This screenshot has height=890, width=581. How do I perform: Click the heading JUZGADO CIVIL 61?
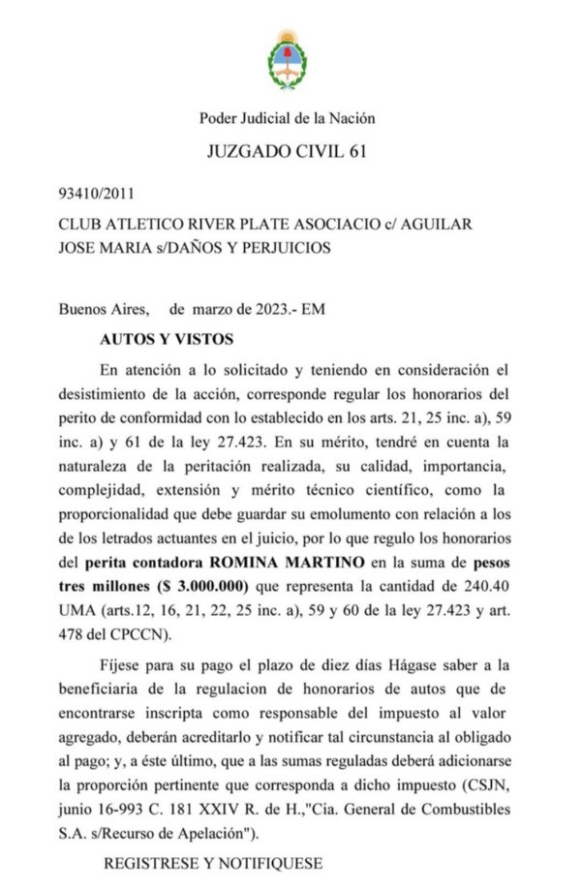tap(287, 152)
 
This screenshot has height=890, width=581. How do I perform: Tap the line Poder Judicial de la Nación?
tap(287, 118)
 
